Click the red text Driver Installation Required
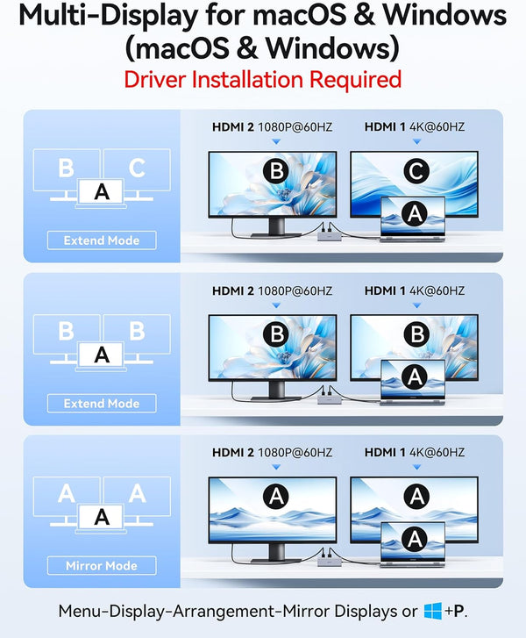[x=263, y=79]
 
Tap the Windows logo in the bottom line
[x=432, y=611]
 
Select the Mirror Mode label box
[x=102, y=565]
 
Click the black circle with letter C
[x=416, y=171]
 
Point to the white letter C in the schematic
[x=137, y=168]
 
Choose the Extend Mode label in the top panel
[x=102, y=240]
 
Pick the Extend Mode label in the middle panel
[x=102, y=403]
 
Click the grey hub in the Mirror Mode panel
[x=330, y=562]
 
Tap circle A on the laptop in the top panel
[x=414, y=213]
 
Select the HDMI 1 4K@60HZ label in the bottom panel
[x=414, y=453]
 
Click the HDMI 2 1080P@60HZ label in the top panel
[x=272, y=127]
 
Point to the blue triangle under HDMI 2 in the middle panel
[x=276, y=305]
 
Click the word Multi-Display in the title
[x=109, y=16]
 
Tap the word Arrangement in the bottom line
[x=225, y=611]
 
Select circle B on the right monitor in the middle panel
[x=416, y=334]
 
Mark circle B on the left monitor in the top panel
[x=276, y=171]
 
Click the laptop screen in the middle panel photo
[x=413, y=378]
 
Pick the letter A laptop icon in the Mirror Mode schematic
[x=101, y=518]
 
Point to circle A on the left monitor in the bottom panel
[x=276, y=497]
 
